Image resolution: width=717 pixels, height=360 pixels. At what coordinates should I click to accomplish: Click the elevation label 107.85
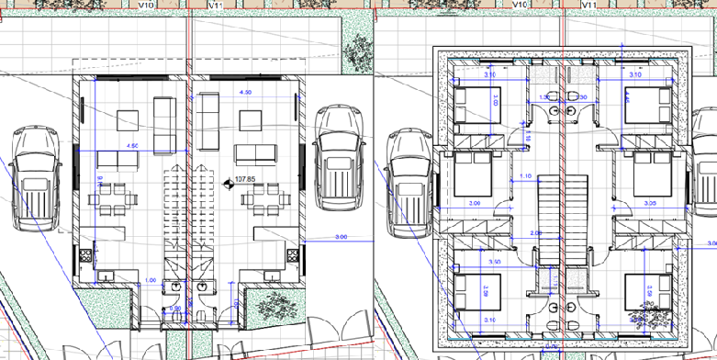click(245, 180)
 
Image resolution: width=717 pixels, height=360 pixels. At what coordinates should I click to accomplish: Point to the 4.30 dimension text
click(244, 94)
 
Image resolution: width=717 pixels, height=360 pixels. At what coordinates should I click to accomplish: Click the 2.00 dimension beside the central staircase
click(535, 233)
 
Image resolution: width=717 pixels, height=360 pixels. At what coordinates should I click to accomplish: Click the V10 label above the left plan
click(145, 5)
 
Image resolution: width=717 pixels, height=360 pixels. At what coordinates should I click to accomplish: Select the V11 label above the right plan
click(589, 5)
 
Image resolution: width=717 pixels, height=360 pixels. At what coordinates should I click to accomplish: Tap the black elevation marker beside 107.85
click(229, 181)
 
